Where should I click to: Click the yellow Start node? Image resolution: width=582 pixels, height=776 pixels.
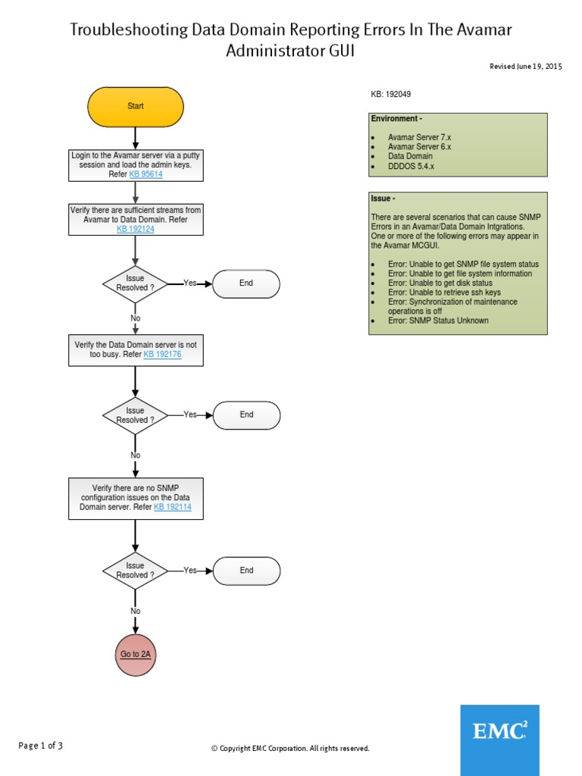[135, 106]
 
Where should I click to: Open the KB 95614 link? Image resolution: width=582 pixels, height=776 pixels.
[145, 174]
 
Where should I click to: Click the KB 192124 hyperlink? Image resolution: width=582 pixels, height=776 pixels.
[135, 229]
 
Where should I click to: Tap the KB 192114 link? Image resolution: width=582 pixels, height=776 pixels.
[172, 507]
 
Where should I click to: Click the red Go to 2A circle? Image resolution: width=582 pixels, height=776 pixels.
[136, 654]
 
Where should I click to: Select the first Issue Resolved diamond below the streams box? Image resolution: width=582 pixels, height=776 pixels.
[135, 283]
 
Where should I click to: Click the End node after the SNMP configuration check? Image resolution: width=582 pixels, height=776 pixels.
[246, 571]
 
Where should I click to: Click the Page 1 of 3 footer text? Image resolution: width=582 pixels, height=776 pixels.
[41, 746]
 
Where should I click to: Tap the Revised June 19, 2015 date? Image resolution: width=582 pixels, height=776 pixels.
[526, 67]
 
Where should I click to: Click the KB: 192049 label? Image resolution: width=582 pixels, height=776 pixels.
[391, 95]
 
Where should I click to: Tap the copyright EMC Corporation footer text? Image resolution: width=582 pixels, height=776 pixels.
[290, 749]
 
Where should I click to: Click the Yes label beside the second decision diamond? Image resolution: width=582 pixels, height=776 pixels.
[189, 415]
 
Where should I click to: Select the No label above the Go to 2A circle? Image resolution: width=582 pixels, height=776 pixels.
[135, 611]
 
